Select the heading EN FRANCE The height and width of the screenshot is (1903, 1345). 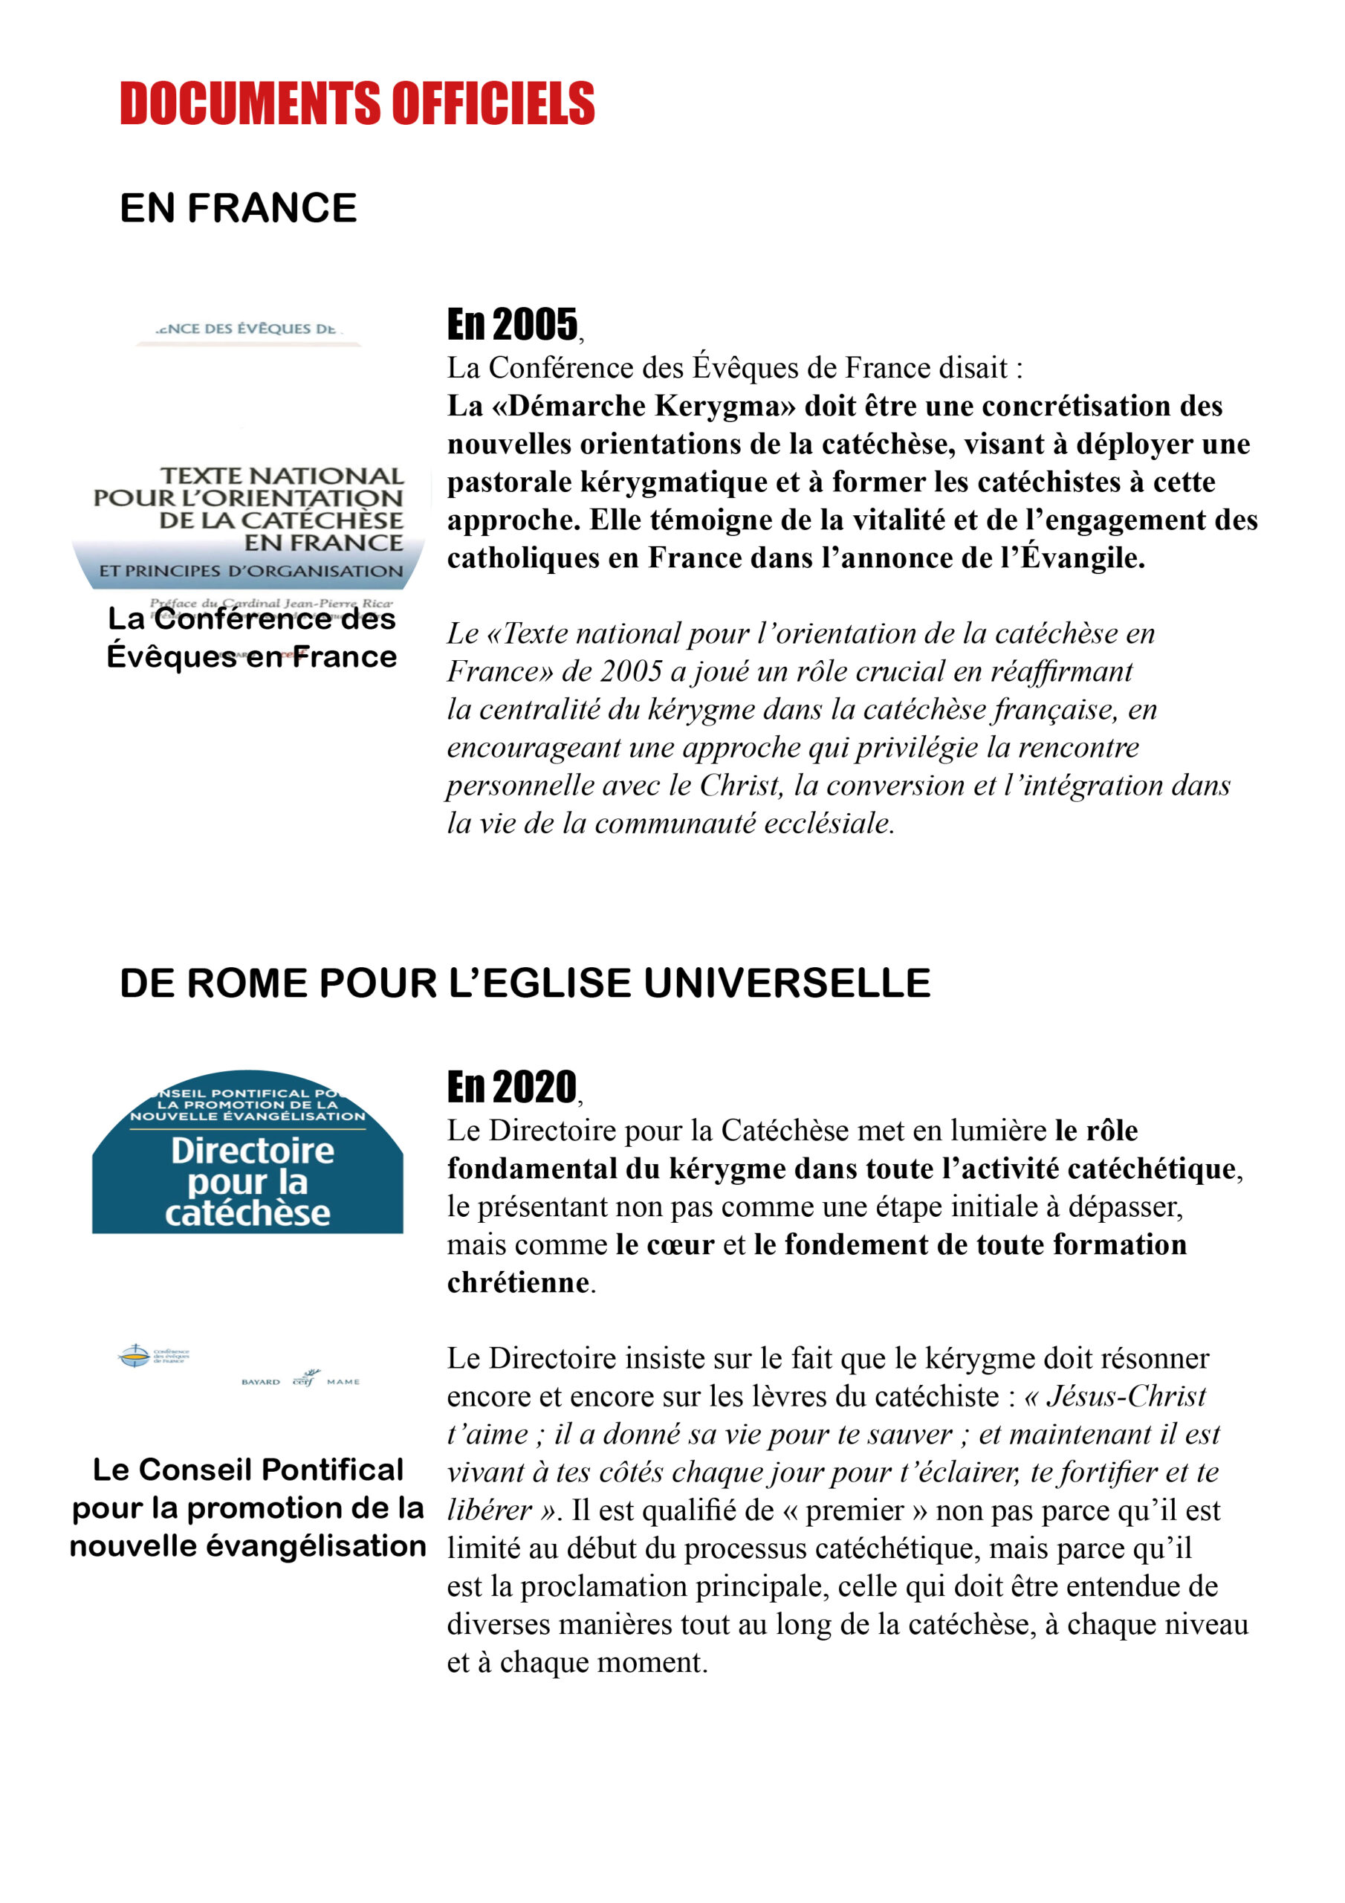[238, 208]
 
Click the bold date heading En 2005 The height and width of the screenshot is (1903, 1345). [512, 324]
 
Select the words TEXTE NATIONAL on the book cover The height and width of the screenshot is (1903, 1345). [282, 476]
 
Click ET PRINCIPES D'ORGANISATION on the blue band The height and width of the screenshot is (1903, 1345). [251, 571]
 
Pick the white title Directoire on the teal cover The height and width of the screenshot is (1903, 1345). [252, 1151]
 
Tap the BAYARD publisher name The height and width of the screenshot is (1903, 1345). [260, 1382]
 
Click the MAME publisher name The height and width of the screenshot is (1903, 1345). [343, 1382]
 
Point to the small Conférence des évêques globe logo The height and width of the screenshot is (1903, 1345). [134, 1356]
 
